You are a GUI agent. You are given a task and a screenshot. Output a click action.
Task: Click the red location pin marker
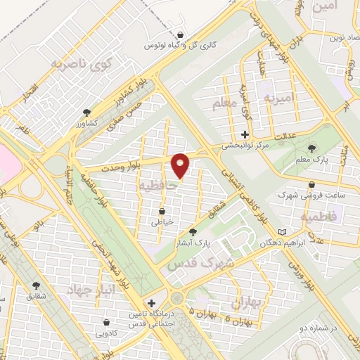(x=180, y=165)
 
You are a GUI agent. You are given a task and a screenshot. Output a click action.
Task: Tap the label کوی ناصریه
(x=82, y=64)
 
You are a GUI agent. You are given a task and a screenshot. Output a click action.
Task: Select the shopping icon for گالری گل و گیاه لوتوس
(x=181, y=34)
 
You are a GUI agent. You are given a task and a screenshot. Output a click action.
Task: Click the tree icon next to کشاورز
(x=86, y=111)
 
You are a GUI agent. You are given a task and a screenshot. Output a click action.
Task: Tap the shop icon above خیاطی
(x=162, y=210)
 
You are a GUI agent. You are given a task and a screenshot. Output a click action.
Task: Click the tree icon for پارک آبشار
(x=193, y=232)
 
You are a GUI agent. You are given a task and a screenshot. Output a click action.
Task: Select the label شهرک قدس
(x=191, y=264)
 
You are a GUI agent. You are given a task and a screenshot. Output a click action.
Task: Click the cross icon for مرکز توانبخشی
(x=245, y=134)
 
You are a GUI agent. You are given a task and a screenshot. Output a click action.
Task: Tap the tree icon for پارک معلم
(x=312, y=148)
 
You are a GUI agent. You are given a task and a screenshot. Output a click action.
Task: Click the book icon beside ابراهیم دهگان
(x=283, y=232)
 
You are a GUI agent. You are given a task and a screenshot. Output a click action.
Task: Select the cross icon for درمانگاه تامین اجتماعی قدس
(x=151, y=302)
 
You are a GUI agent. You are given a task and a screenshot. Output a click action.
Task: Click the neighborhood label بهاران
(x=245, y=302)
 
